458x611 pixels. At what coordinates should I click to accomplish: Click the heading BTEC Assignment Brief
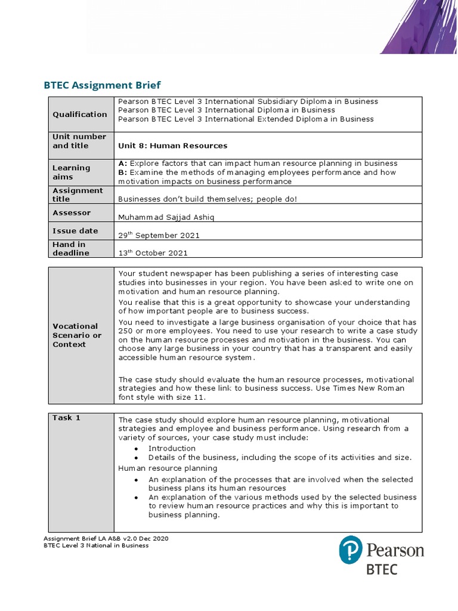(x=102, y=85)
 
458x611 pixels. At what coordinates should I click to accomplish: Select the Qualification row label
(x=80, y=115)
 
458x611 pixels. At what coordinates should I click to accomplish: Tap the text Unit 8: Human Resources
(x=173, y=146)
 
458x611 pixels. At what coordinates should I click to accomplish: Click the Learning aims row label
(x=71, y=172)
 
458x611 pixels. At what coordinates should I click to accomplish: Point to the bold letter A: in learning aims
(x=123, y=163)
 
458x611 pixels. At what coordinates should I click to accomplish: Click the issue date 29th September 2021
(x=159, y=235)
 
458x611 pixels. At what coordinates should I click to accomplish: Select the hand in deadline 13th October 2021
(x=153, y=253)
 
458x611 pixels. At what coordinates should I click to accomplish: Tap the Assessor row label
(x=72, y=213)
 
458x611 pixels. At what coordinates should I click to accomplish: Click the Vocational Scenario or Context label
(x=77, y=335)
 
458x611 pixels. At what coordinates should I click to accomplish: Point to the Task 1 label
(x=66, y=418)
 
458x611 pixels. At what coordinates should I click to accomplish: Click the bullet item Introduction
(x=172, y=448)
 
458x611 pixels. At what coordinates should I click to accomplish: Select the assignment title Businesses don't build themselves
(x=207, y=199)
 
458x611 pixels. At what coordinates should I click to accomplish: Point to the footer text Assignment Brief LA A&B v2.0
(x=106, y=538)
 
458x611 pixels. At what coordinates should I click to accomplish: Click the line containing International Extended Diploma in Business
(x=246, y=119)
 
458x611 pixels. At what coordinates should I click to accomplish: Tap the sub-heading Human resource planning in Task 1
(x=168, y=468)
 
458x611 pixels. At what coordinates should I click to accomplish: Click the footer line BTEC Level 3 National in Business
(x=96, y=545)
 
